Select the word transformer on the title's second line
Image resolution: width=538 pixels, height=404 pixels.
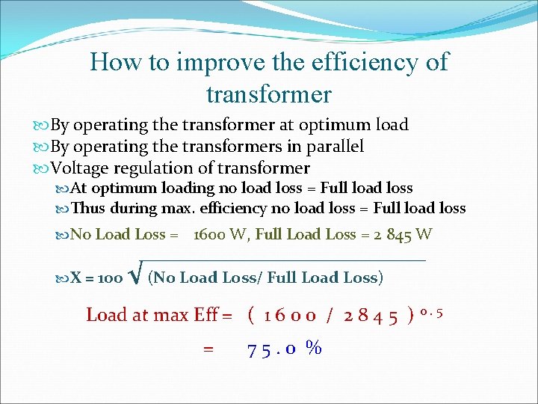point(268,94)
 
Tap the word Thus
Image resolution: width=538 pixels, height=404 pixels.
point(88,208)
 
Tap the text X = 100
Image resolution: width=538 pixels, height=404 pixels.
point(96,278)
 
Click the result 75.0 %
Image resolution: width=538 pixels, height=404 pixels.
point(285,348)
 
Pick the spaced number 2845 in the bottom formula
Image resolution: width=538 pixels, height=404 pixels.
point(371,315)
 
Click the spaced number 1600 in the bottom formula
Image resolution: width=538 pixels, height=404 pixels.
point(292,315)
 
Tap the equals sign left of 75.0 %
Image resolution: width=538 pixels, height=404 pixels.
point(208,348)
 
